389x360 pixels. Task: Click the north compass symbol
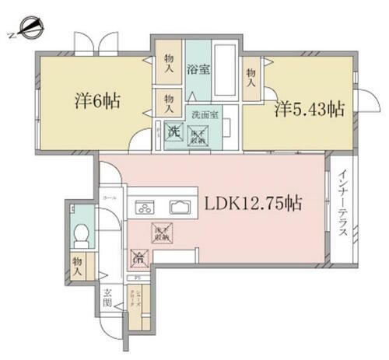point(25,32)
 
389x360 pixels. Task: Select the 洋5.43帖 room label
point(308,110)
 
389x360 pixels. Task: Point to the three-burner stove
point(145,207)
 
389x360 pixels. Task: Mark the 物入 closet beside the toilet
point(78,267)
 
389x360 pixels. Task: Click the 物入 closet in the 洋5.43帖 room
point(251,76)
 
